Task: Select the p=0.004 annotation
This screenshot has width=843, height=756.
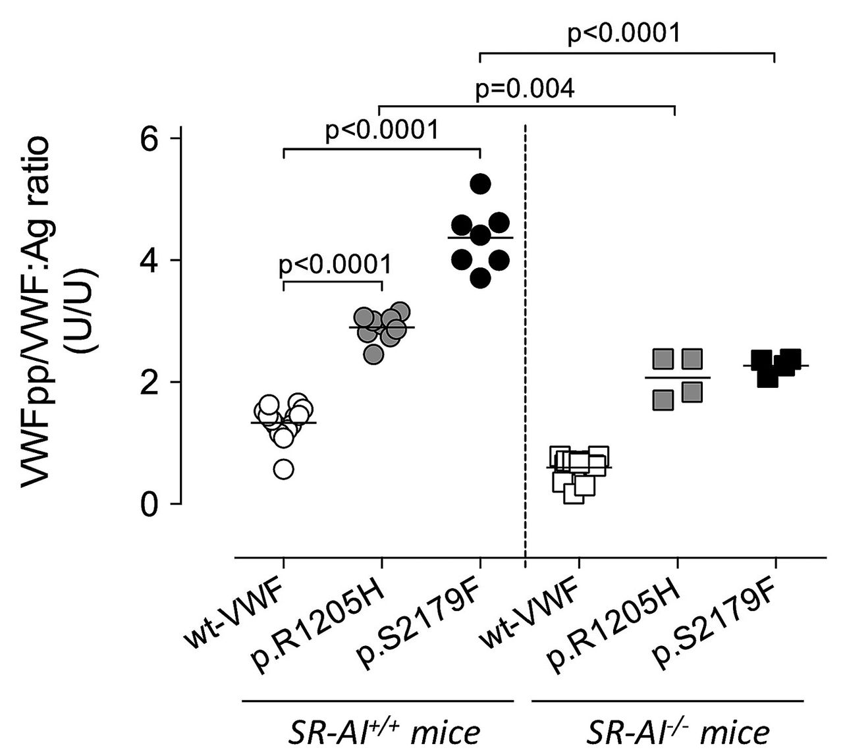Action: point(525,89)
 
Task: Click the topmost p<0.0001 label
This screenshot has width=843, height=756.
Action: point(624,33)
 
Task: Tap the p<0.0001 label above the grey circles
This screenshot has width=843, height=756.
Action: point(335,264)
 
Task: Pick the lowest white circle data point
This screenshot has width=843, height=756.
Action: point(283,470)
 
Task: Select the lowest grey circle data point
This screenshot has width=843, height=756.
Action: point(373,355)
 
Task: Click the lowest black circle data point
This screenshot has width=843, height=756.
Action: point(481,279)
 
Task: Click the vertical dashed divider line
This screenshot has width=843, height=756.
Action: point(525,329)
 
